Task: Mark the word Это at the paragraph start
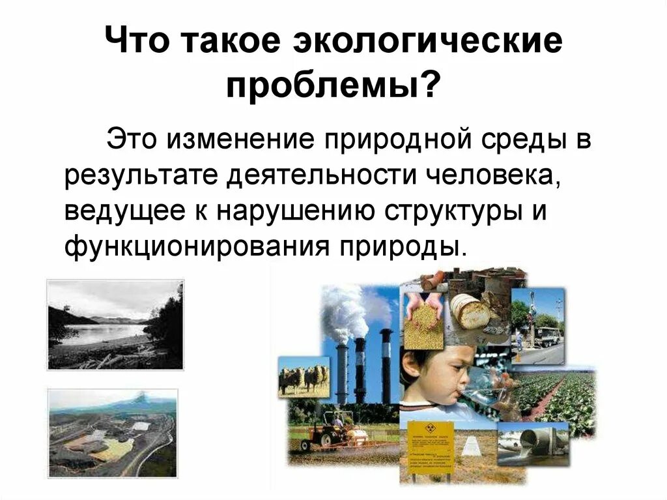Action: tap(133, 139)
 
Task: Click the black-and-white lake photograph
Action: tap(115, 325)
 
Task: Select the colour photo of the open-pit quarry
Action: tap(112, 433)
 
